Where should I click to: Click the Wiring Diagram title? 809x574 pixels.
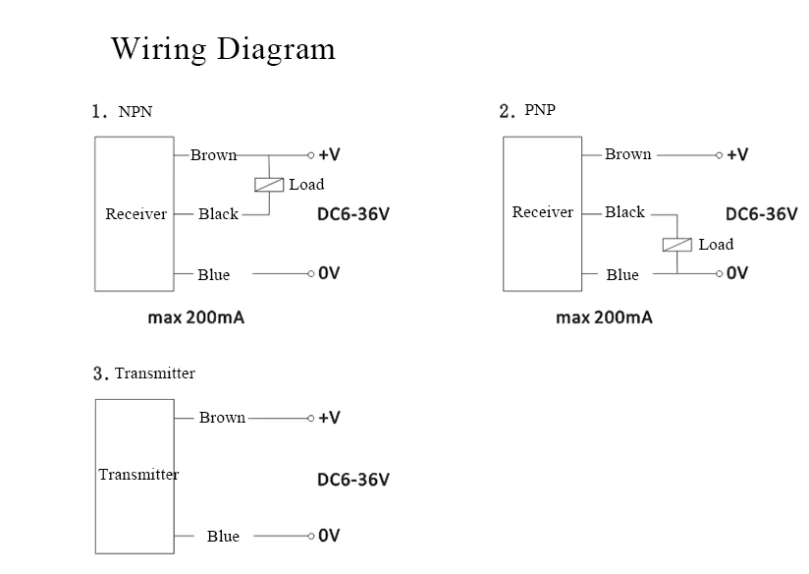223,48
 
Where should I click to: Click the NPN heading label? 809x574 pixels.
135,112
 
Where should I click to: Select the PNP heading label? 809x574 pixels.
540,110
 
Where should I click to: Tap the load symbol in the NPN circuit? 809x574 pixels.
269,184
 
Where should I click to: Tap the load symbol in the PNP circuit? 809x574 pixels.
677,244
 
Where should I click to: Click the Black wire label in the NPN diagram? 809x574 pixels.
218,214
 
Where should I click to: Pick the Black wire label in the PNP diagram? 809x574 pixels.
624,212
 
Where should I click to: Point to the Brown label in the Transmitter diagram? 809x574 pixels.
222,418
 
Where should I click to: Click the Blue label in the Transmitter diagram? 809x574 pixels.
223,536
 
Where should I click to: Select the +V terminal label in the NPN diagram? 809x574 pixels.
329,154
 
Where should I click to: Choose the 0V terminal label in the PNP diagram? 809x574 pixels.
736,273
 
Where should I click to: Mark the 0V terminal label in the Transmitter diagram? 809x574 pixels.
329,536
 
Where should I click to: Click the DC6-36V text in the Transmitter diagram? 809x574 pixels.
352,480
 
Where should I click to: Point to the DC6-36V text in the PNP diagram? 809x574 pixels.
761,214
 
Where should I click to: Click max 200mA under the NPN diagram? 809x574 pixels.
196,317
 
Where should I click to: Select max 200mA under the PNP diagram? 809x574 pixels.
604,317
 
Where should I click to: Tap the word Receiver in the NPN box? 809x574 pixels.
135,214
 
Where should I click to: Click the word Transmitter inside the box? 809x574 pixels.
138,475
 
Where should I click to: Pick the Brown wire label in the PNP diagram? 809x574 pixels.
627,154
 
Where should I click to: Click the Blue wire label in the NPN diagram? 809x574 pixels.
213,274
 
